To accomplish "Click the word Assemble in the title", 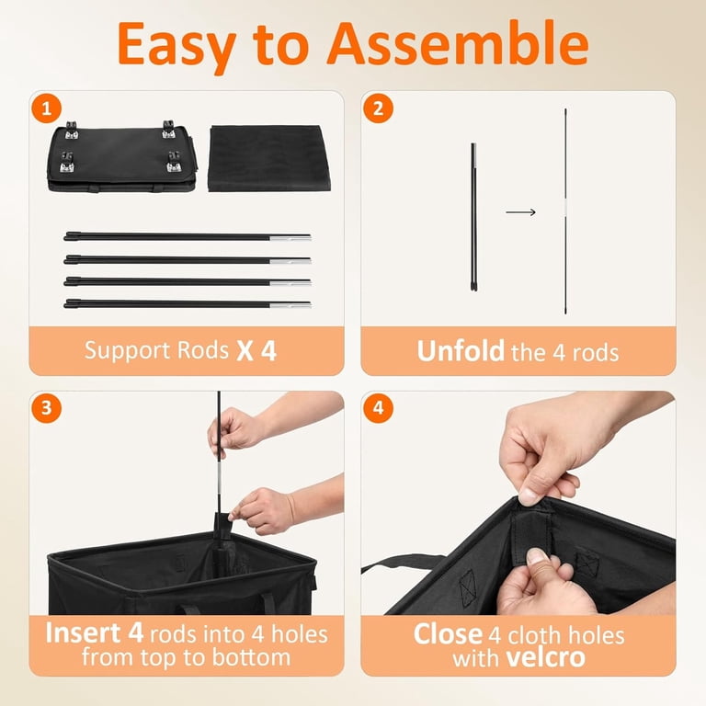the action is [459, 44].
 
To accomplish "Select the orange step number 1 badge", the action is [46, 108].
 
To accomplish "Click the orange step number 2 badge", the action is [378, 108].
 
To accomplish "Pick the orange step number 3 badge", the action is [46, 408].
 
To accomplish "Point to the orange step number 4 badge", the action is [378, 408].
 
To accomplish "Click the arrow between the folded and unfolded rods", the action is [520, 212].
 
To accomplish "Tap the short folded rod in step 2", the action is [473, 217].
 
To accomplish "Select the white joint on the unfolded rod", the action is [565, 210].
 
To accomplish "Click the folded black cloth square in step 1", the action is [269, 158].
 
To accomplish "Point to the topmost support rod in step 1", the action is [188, 236].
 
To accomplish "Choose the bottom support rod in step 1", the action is [188, 304].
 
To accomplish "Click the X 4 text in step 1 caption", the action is [256, 351].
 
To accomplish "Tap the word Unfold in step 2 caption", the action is [461, 351].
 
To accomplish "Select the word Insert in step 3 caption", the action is [83, 633].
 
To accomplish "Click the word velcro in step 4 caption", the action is [545, 658].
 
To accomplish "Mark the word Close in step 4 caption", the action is [448, 634].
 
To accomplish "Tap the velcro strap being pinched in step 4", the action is [531, 536].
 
